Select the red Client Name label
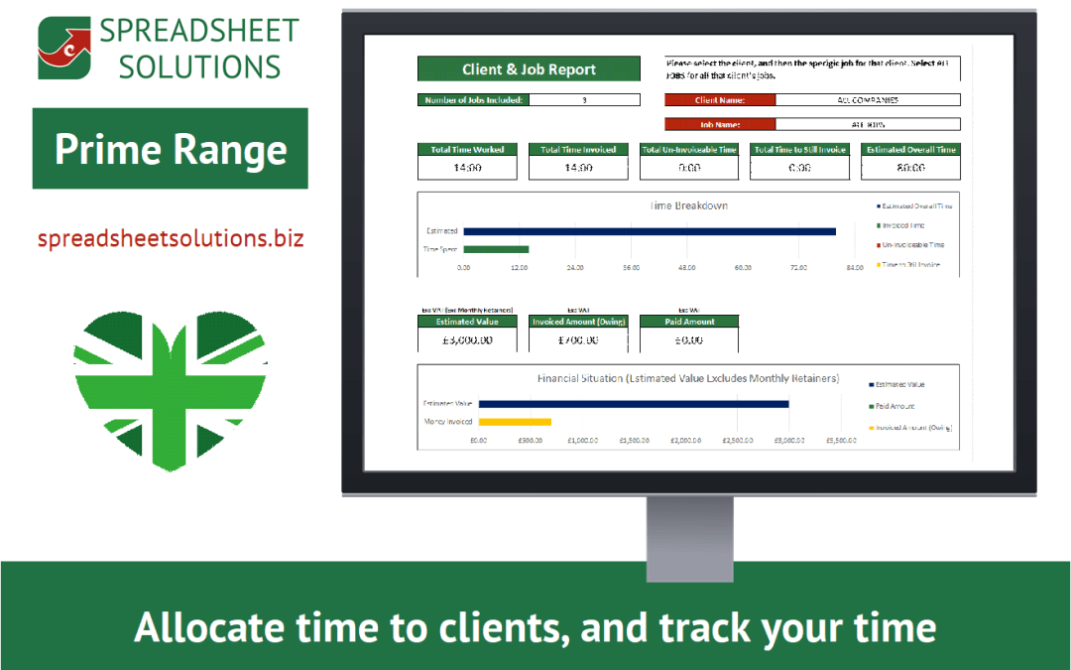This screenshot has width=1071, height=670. click(720, 99)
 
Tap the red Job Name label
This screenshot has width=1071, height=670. click(720, 124)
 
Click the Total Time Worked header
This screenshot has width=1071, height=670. click(467, 150)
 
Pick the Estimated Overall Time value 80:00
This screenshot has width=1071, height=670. click(910, 168)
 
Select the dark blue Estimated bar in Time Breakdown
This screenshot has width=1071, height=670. click(650, 231)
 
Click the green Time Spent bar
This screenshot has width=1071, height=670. click(496, 249)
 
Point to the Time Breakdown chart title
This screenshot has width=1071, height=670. click(688, 206)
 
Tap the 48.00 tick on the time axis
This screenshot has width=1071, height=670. click(686, 268)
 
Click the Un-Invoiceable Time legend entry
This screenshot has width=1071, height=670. click(912, 244)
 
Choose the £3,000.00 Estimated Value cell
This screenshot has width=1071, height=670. click(467, 339)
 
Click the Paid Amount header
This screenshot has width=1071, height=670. click(688, 322)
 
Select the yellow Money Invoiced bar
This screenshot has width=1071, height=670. click(515, 422)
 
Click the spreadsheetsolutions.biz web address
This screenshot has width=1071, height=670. click(171, 239)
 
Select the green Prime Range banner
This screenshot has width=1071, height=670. click(171, 149)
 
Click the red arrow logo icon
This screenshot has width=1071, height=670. click(63, 48)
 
